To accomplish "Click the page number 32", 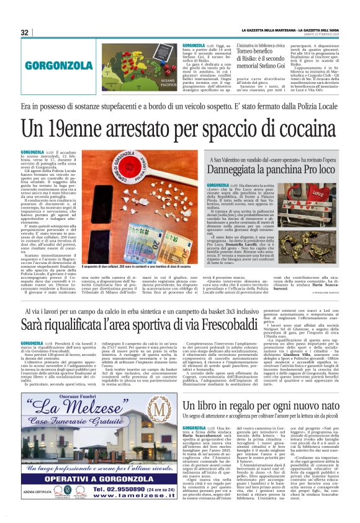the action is (25, 32).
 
